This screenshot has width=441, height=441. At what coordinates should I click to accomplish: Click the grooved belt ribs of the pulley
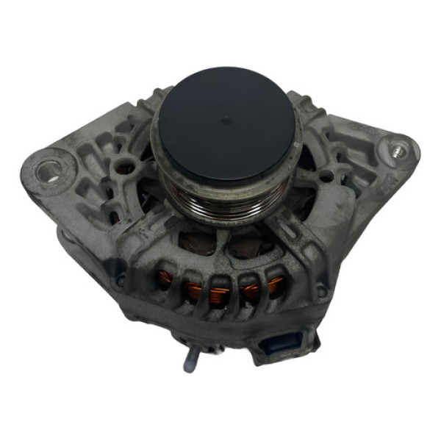coord(220,202)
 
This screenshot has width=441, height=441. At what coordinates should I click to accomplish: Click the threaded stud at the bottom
coord(190,360)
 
